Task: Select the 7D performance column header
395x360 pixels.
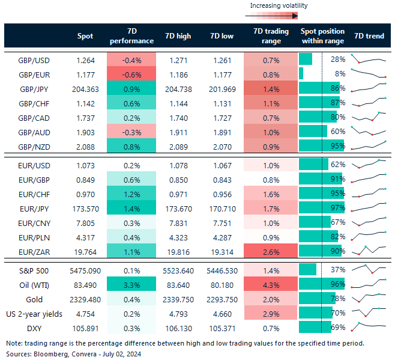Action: (x=131, y=36)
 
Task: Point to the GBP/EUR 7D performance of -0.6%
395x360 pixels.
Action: (x=131, y=73)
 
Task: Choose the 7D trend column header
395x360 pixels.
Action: (x=369, y=36)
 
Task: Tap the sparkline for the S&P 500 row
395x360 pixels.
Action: (x=369, y=269)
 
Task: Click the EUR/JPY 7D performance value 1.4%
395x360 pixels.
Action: (x=131, y=207)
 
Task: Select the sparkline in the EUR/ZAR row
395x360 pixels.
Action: (x=369, y=249)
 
